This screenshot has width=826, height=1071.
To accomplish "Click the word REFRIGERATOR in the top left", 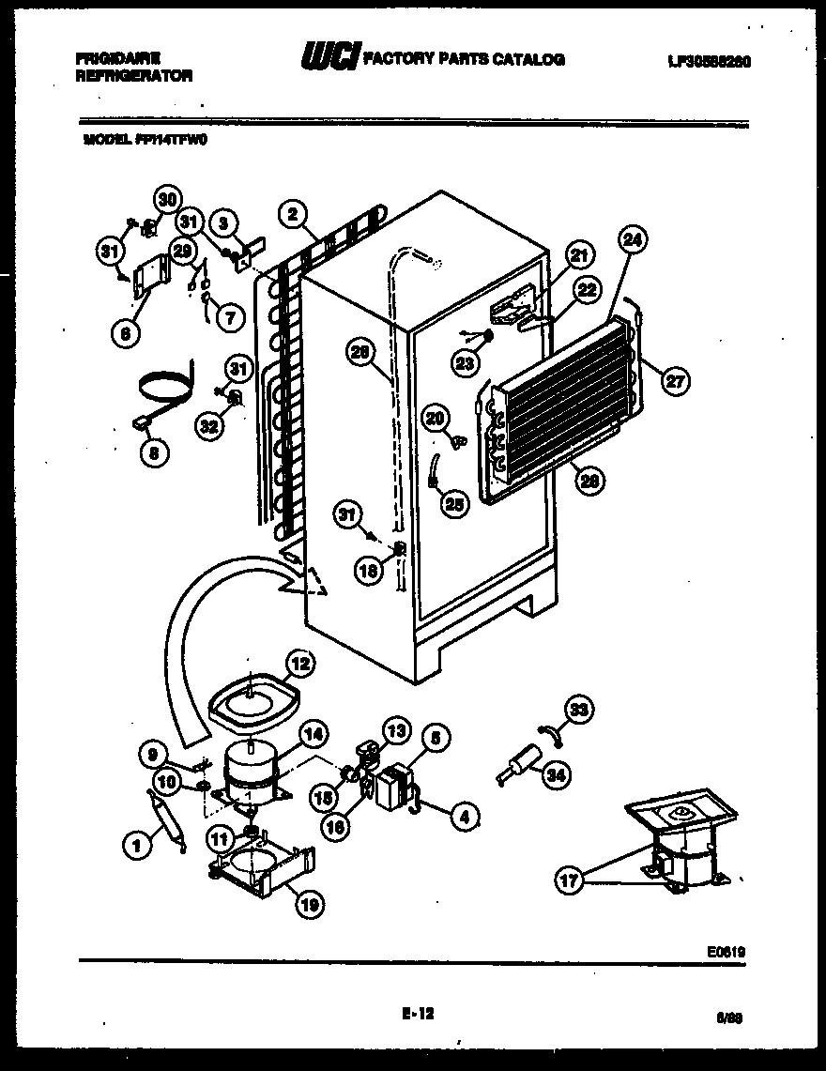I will coord(133,77).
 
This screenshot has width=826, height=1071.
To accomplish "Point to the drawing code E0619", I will coord(728,950).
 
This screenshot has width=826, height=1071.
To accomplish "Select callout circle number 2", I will coord(293,215).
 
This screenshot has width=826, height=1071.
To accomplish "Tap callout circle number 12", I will coord(299,664).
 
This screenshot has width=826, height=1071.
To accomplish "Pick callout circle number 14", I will coord(313,735).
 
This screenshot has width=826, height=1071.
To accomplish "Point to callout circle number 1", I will coord(137,846).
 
